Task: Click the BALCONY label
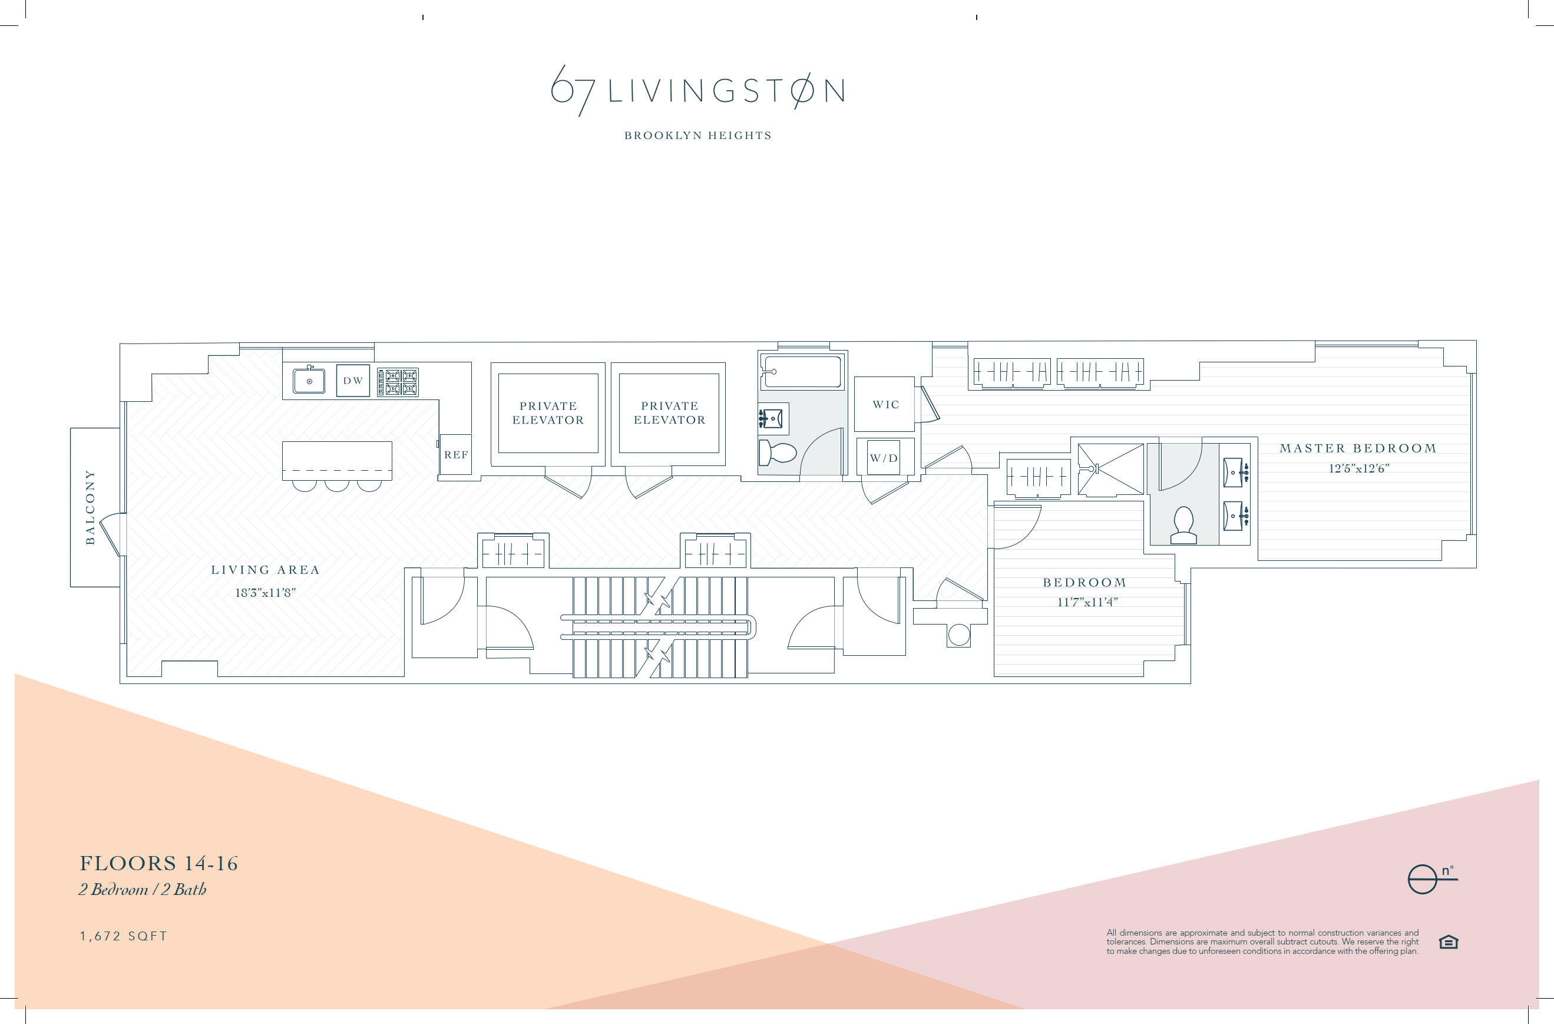[90, 507]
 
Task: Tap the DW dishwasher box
[353, 381]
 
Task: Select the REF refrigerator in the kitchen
[456, 454]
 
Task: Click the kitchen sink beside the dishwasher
[309, 381]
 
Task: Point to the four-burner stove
[398, 382]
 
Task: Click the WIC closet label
[885, 405]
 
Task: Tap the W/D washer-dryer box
[884, 458]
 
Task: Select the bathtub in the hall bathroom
[802, 372]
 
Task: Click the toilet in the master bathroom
[1183, 526]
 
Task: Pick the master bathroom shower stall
[1110, 469]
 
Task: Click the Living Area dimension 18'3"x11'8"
[265, 593]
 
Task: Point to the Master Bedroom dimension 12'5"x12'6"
[1359, 468]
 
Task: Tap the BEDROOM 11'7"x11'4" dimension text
[1087, 602]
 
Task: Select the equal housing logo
[1448, 942]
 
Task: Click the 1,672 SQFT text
[123, 936]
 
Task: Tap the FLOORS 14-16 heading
[158, 863]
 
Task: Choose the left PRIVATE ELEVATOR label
[548, 413]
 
